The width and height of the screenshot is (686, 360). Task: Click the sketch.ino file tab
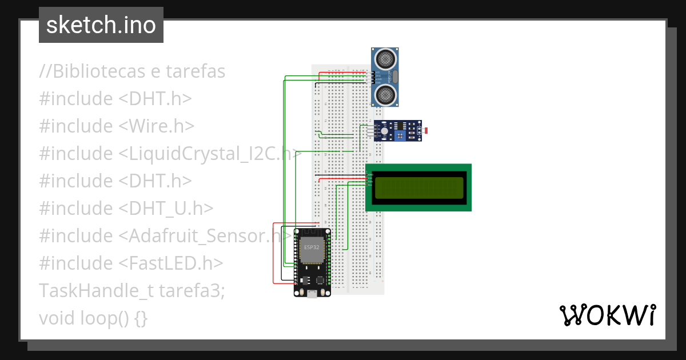(x=101, y=25)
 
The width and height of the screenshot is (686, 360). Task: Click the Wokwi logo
(x=607, y=315)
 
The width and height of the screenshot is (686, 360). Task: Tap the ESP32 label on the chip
(x=312, y=247)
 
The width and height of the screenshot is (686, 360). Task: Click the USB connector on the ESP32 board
(x=312, y=294)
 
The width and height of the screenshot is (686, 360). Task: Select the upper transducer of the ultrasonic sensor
(x=385, y=58)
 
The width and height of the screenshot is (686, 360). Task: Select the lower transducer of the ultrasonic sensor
(x=385, y=95)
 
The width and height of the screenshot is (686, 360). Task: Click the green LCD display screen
(x=418, y=187)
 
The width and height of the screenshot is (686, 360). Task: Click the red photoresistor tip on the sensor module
(x=426, y=131)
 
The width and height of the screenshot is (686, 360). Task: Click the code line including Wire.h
(x=117, y=126)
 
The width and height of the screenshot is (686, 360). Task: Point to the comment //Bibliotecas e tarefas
(x=132, y=71)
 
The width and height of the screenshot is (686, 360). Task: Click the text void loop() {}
(x=93, y=318)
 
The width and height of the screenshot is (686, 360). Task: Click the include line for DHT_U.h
(x=126, y=208)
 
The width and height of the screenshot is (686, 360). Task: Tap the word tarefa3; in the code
(x=192, y=290)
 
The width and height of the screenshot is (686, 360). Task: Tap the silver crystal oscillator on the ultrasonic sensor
(x=395, y=77)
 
